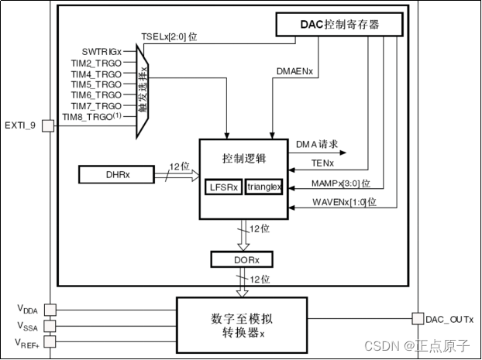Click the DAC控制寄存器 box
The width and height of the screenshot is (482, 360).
click(x=340, y=25)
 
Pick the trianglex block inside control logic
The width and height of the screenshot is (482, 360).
click(x=264, y=187)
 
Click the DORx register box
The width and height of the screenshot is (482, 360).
click(x=242, y=259)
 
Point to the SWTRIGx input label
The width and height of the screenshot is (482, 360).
click(x=102, y=50)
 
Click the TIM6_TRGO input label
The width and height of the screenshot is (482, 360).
click(x=96, y=94)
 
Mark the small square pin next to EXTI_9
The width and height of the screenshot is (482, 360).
click(x=46, y=124)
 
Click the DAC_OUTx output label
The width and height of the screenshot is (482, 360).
click(x=449, y=319)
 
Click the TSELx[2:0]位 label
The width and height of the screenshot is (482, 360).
click(x=168, y=37)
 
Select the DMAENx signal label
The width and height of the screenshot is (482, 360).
click(x=295, y=71)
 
